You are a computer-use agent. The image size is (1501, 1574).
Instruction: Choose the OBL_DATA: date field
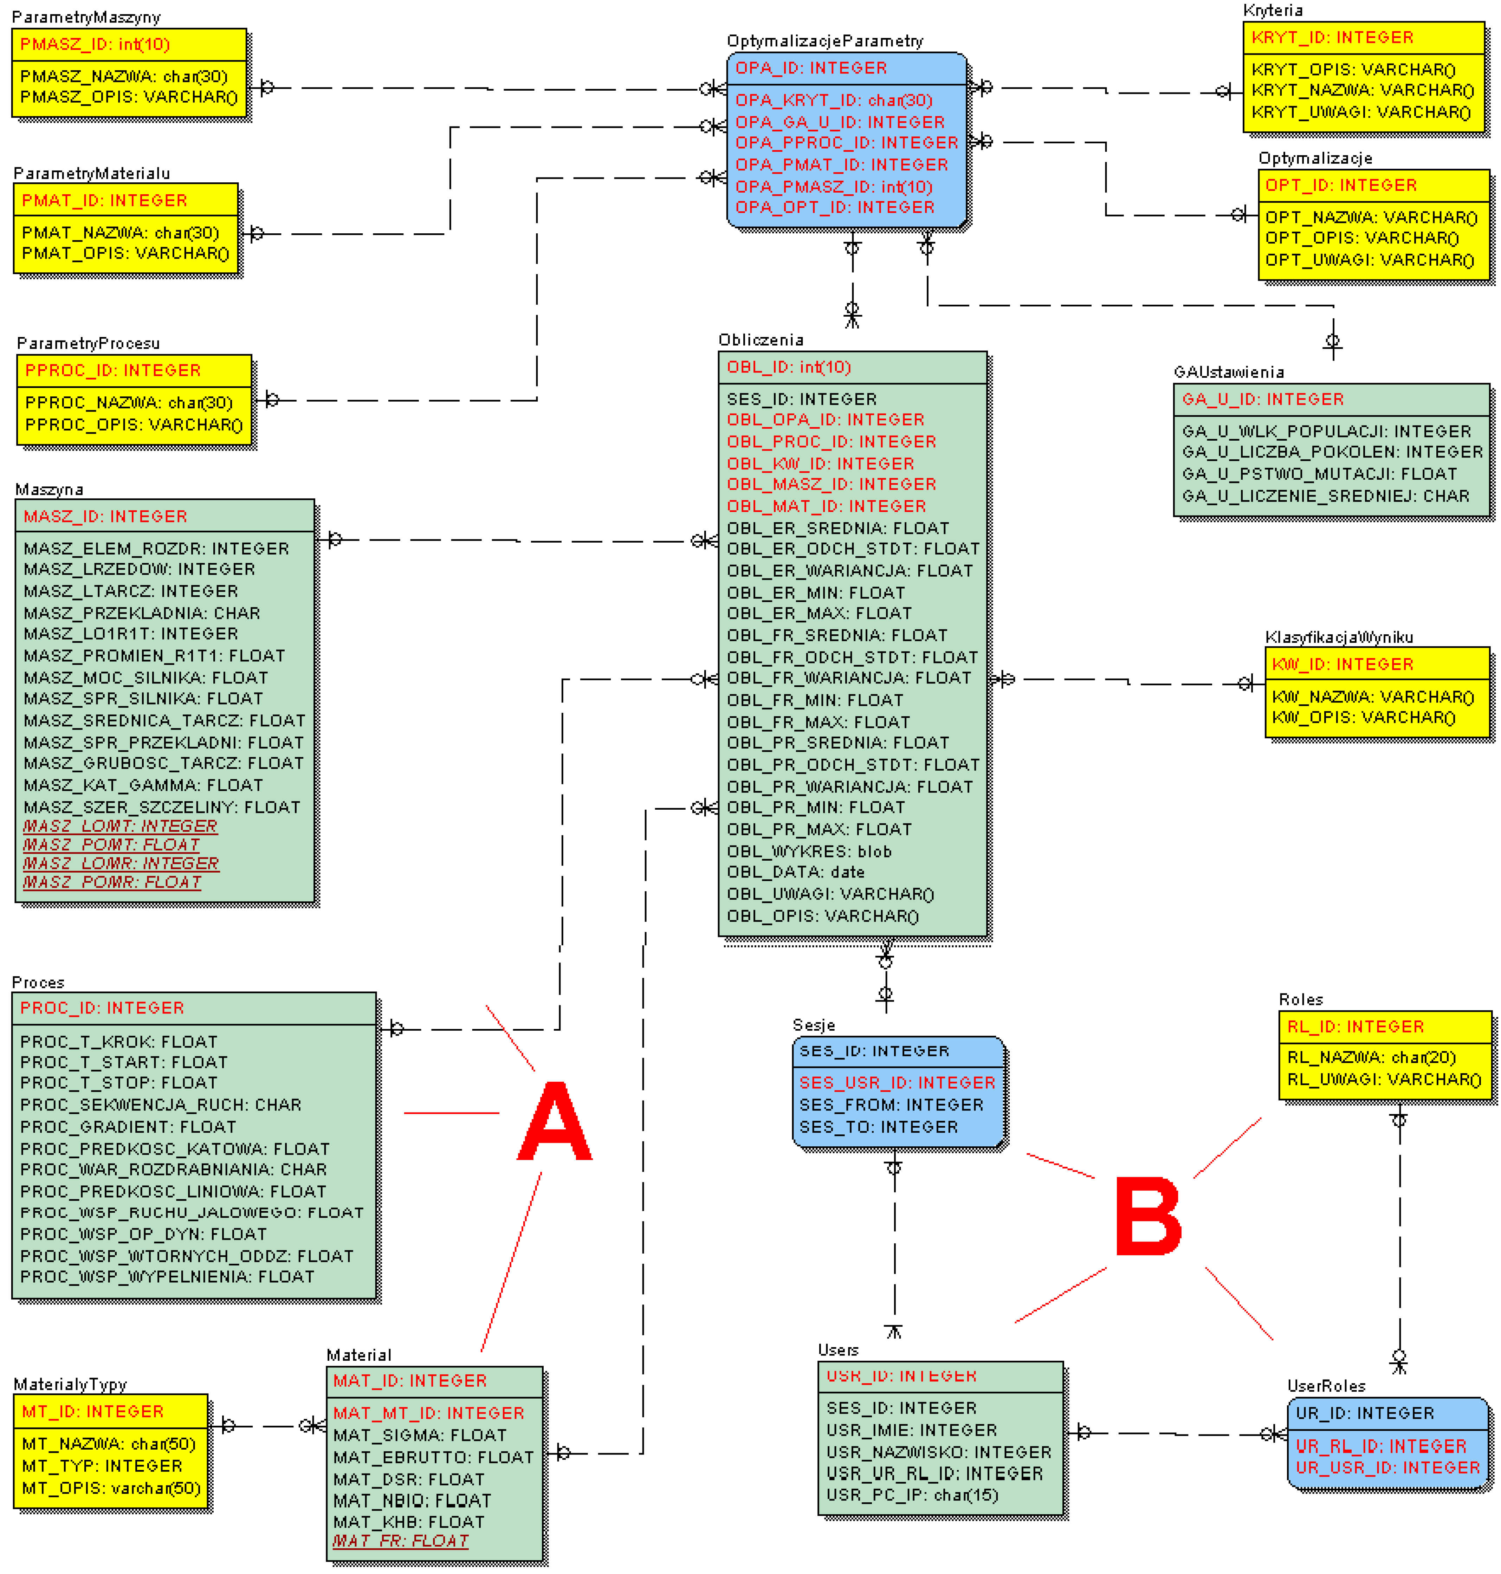coord(795,872)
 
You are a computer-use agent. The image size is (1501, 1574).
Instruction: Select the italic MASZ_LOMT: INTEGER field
coord(120,826)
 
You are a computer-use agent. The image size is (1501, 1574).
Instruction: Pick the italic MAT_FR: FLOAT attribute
coord(400,1540)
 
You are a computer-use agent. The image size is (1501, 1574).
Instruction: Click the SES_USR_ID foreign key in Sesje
coord(897,1083)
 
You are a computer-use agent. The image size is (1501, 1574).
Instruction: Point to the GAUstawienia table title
coord(1228,372)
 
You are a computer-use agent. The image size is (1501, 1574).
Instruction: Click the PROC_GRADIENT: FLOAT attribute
coord(128,1127)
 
